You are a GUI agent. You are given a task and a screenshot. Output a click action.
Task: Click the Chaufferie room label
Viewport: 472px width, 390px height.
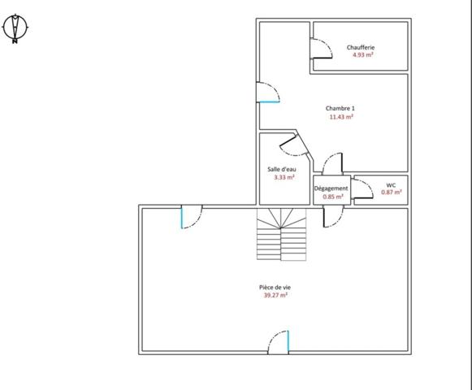click(360, 47)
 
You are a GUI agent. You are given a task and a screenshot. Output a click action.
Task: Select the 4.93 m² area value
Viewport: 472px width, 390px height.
click(360, 55)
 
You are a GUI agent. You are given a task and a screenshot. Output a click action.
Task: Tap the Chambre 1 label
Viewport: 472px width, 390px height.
click(340, 108)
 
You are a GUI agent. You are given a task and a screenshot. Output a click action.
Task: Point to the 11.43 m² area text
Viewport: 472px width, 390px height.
click(340, 117)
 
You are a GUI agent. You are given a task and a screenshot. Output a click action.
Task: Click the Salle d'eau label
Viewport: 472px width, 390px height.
click(283, 168)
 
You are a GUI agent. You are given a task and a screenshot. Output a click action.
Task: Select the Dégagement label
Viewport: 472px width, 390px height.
click(331, 188)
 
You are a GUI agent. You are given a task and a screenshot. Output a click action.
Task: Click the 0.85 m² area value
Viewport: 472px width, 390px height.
click(331, 197)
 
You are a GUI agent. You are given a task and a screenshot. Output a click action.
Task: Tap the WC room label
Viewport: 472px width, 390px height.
click(391, 184)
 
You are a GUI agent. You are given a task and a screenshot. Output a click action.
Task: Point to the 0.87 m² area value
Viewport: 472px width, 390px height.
click(391, 193)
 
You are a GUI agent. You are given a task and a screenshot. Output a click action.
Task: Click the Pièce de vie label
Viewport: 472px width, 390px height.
click(275, 288)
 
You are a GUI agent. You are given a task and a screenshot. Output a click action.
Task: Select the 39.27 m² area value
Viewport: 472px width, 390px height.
click(275, 296)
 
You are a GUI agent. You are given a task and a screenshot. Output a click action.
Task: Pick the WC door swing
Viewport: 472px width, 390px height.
click(363, 188)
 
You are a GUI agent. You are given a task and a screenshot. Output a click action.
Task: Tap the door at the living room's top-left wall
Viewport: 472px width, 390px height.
click(191, 217)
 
